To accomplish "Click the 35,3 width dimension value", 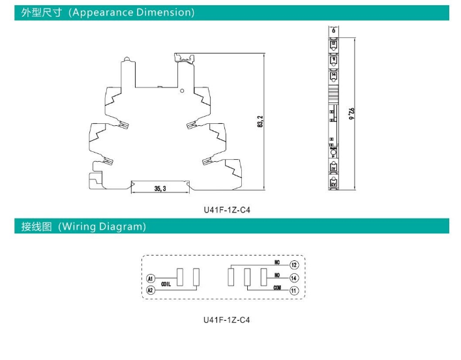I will point(160,188).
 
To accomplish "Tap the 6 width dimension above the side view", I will point(334,30).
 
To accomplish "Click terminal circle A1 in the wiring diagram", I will point(150,278).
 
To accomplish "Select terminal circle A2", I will point(150,290).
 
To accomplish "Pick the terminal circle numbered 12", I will point(294,265).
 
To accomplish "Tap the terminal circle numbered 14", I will point(294,278).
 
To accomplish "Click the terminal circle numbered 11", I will point(294,290).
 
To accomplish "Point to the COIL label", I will point(166,284).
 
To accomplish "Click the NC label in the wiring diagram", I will point(277,262).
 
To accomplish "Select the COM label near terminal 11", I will point(276,287).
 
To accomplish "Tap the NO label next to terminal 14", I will point(277,275).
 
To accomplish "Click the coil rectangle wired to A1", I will point(181,277).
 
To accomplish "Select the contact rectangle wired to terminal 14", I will point(263,277).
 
